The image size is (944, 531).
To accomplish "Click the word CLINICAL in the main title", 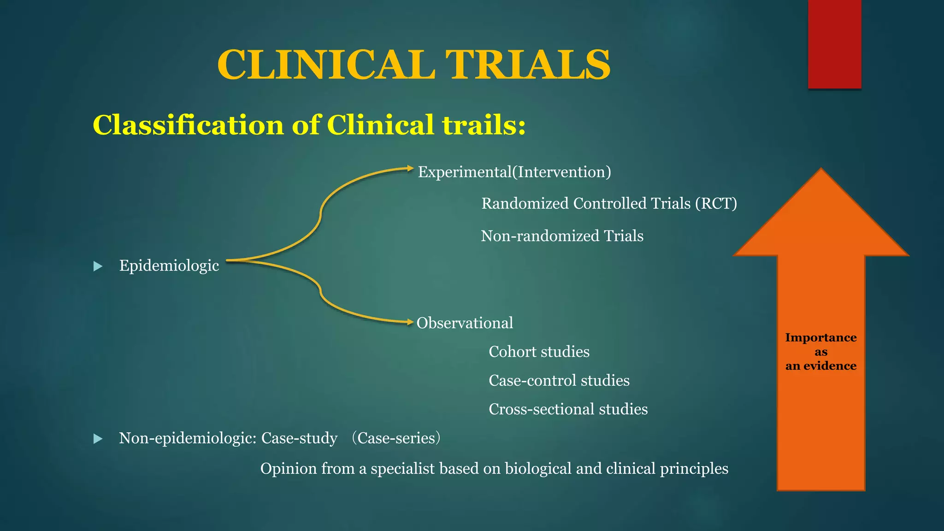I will click(326, 65).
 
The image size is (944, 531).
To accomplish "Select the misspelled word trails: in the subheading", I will click(484, 125).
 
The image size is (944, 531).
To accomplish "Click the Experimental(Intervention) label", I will click(514, 172).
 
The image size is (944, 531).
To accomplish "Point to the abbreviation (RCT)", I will click(716, 203).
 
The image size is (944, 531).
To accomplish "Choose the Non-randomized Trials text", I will click(562, 236).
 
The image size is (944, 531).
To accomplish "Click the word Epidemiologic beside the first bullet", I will click(169, 265).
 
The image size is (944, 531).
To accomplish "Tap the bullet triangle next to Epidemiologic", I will click(98, 266).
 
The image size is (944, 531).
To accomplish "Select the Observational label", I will click(465, 323).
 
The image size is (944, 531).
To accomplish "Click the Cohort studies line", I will click(539, 352).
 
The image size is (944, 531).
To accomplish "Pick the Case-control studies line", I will click(559, 380).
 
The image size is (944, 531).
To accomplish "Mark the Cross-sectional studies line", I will click(568, 409).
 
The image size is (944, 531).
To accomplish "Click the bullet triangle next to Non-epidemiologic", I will click(98, 438).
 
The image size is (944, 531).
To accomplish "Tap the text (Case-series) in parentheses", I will click(396, 438).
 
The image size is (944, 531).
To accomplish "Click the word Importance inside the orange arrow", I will click(820, 337).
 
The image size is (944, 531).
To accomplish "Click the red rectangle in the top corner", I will click(834, 44).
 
